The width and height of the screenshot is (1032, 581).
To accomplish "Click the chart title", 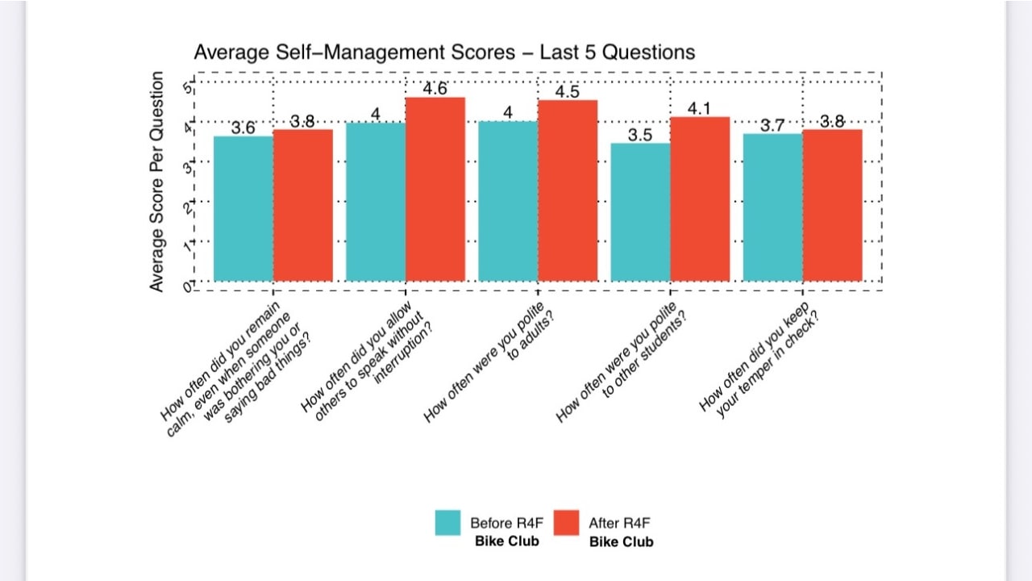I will click(x=444, y=52).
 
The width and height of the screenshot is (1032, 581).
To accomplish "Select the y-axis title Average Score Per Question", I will click(x=156, y=182).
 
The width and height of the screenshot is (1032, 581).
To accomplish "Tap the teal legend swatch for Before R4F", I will click(x=448, y=523).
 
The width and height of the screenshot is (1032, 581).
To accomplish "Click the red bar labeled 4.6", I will click(x=435, y=190).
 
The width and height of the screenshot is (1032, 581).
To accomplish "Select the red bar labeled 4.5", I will click(x=568, y=191).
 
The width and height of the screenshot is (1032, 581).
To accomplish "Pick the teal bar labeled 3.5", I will click(x=640, y=212).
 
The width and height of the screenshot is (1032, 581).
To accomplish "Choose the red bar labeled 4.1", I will click(x=700, y=199).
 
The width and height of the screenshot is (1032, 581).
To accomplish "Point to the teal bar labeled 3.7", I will click(x=772, y=207).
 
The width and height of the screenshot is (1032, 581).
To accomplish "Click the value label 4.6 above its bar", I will click(x=435, y=89).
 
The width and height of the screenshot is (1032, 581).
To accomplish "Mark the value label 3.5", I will click(x=640, y=135).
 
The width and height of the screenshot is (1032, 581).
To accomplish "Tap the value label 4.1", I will click(x=699, y=108).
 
